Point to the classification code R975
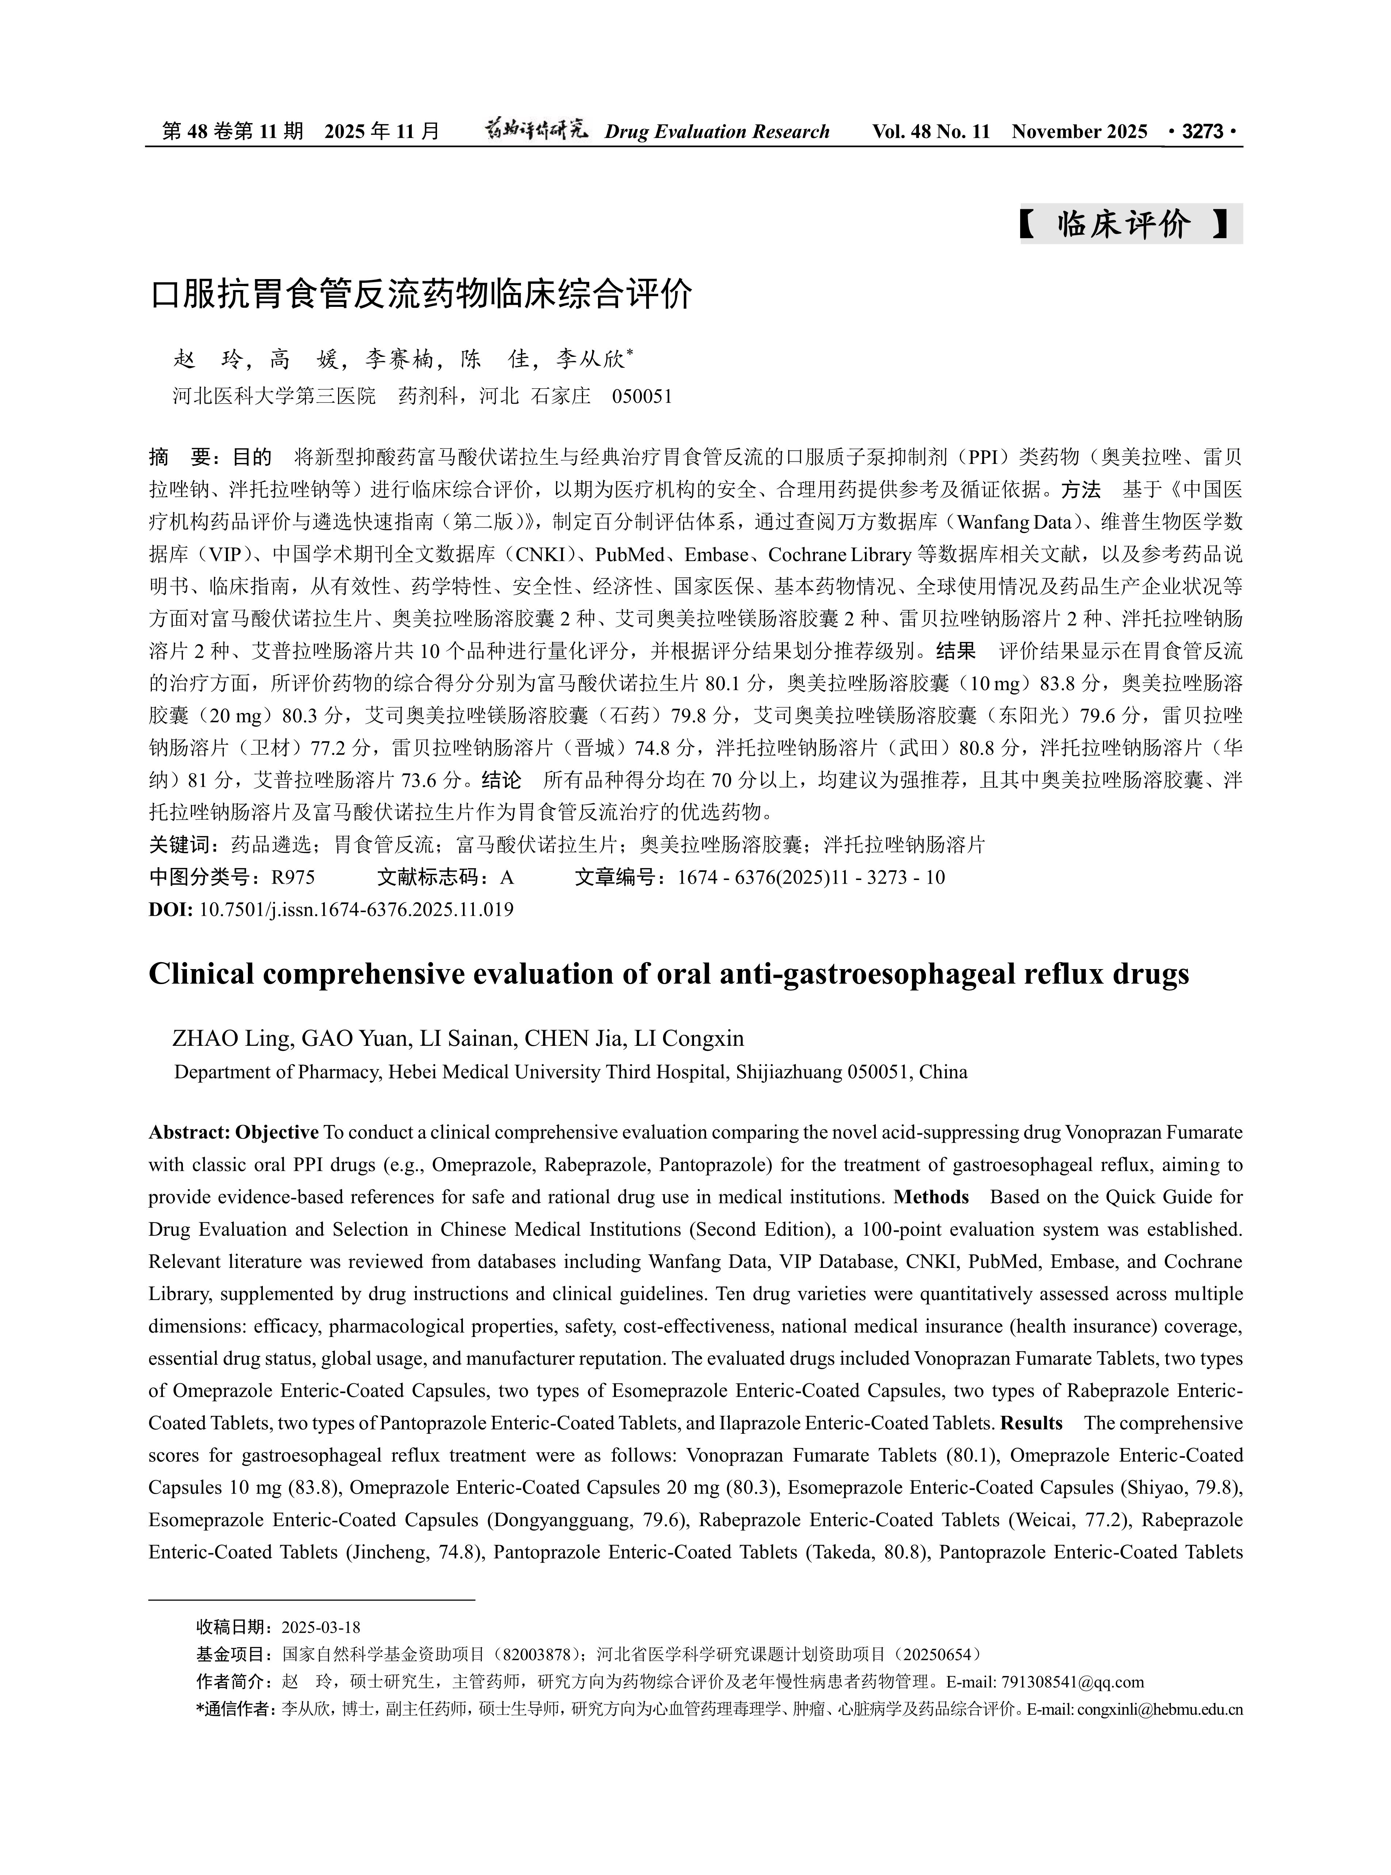click(x=293, y=878)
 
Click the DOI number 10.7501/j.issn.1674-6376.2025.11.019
click(x=356, y=910)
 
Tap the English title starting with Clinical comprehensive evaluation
click(x=668, y=974)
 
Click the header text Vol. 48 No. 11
click(x=931, y=132)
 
